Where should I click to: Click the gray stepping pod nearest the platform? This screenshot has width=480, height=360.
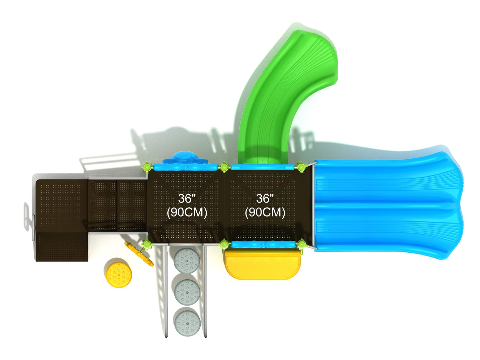point(187,260)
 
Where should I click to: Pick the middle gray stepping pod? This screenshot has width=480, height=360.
point(187,292)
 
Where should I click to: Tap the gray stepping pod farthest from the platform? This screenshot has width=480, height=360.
point(188,321)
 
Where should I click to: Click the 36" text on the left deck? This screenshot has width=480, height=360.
point(187,199)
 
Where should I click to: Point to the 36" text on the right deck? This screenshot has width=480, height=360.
point(265,199)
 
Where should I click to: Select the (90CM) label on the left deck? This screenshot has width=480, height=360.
point(187,212)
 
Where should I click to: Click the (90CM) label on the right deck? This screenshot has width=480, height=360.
point(265,212)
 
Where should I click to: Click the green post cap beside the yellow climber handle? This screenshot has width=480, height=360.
point(146,245)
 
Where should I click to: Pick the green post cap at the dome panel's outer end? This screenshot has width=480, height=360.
point(146,166)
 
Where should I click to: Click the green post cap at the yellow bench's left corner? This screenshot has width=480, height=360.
point(224,245)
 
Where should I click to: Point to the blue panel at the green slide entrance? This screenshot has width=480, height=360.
point(262,167)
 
